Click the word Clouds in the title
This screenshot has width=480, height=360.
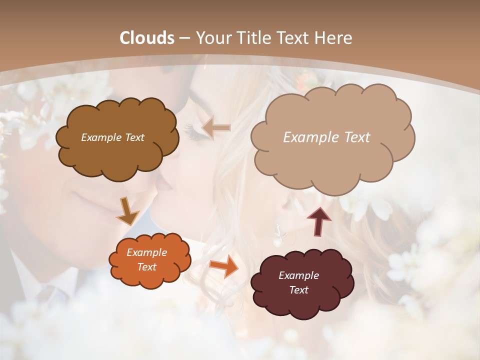pos(147,38)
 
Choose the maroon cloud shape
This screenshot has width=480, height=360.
pos(302,302)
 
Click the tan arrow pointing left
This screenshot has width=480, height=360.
pos(216,127)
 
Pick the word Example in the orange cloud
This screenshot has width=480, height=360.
pos(146,252)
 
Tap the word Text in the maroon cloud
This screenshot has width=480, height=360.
pos(298,290)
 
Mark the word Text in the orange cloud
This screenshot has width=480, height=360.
pos(146,267)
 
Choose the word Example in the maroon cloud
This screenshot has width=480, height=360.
pos(298,275)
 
